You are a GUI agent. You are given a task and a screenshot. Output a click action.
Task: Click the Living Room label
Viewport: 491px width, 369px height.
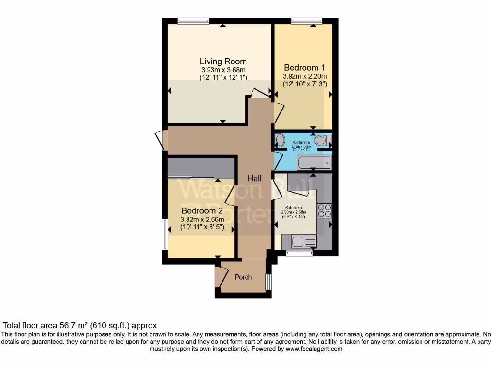(x=223, y=61)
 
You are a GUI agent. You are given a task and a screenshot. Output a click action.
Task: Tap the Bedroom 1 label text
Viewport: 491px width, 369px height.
(x=301, y=67)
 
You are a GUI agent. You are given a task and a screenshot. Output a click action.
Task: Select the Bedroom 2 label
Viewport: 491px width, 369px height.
(x=202, y=210)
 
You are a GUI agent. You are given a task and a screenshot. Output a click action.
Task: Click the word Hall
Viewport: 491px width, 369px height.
(x=254, y=178)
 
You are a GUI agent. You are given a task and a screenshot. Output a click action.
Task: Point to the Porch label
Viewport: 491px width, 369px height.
(x=243, y=277)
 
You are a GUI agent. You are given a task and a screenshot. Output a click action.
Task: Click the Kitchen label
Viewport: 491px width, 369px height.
(x=293, y=208)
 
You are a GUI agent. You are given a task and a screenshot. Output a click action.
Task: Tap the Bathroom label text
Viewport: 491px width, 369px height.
(x=302, y=143)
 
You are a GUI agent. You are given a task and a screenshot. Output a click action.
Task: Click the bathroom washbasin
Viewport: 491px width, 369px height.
(x=280, y=140)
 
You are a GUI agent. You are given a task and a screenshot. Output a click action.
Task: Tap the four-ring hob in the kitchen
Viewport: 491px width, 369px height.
(x=324, y=211)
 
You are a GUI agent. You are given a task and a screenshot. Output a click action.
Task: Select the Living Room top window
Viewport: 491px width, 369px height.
(x=193, y=20)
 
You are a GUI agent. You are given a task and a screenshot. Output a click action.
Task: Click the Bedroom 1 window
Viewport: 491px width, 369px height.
(x=307, y=20)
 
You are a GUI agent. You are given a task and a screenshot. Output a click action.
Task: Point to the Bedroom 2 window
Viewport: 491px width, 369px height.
(x=164, y=234)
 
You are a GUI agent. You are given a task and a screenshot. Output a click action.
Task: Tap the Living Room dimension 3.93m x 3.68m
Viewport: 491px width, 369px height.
(x=223, y=70)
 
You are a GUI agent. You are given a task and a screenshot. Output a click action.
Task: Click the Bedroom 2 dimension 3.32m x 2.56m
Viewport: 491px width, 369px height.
(x=202, y=220)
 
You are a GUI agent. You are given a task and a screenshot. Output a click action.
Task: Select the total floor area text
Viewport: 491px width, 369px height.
(x=80, y=325)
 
